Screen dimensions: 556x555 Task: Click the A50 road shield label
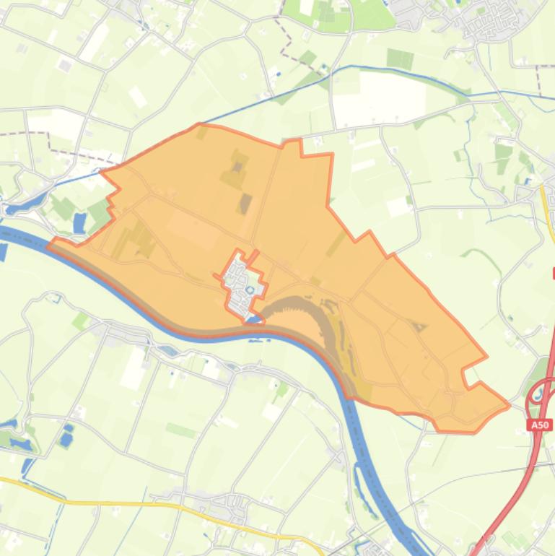(x=541, y=425)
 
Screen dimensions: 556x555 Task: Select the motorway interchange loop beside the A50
(x=538, y=394)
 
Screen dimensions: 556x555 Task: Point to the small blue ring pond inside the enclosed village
(x=250, y=291)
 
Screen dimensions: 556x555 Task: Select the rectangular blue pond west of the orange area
(x=79, y=223)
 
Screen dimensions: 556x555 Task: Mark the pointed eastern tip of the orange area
(x=508, y=405)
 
